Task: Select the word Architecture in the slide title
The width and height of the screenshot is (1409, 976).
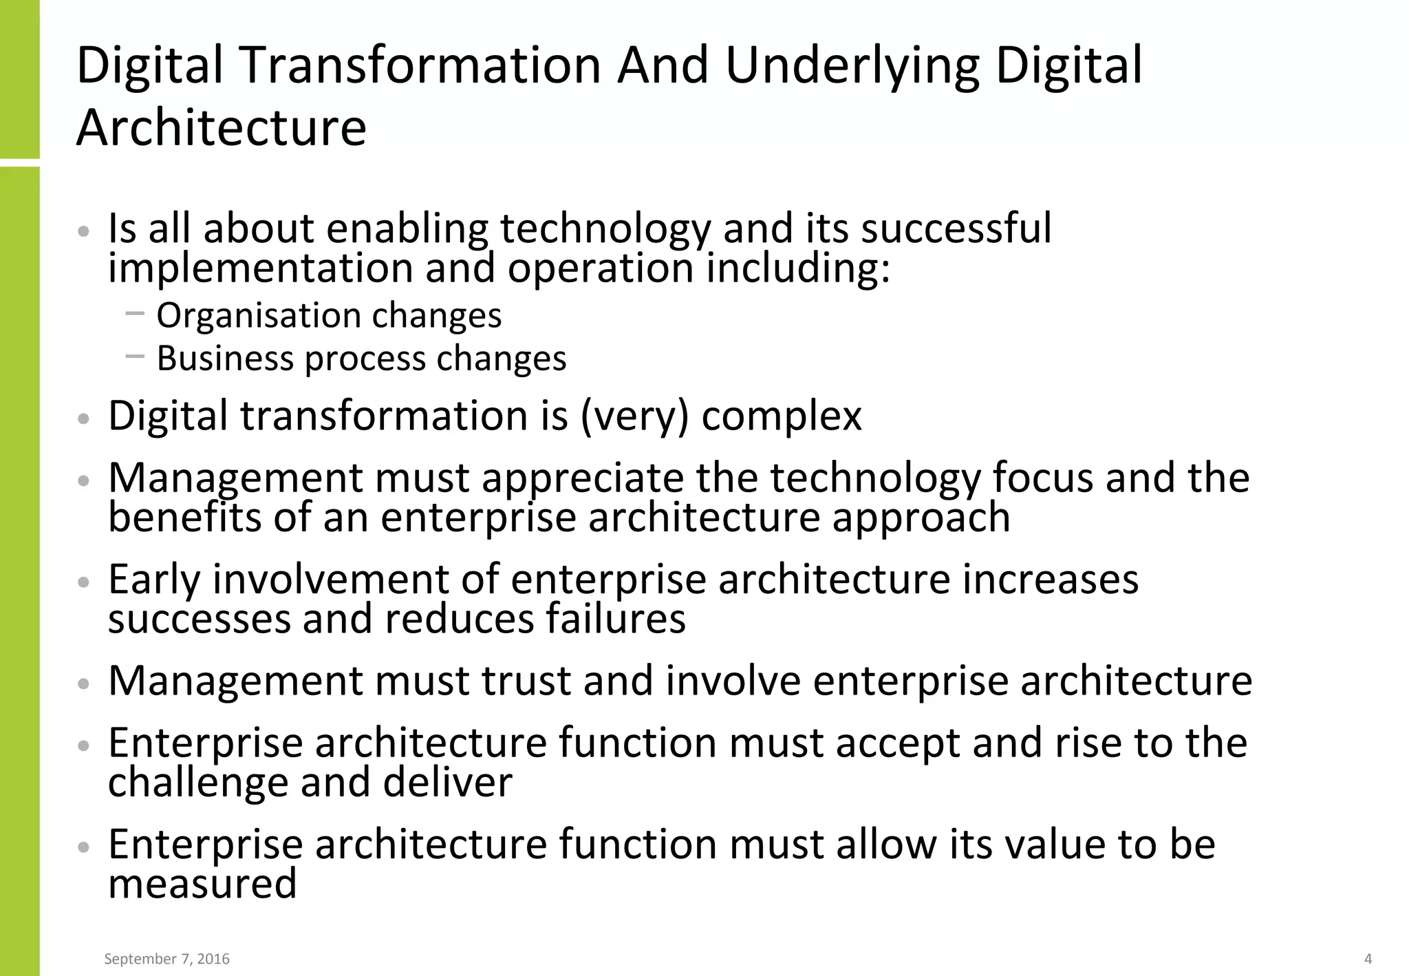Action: tap(222, 128)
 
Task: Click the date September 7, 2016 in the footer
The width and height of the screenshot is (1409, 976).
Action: tap(166, 959)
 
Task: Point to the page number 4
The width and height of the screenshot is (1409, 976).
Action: tap(1368, 959)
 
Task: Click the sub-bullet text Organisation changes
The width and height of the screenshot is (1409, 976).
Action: tap(329, 316)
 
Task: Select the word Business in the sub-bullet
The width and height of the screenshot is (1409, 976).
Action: tap(224, 359)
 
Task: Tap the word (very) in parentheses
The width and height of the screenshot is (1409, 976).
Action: tap(634, 416)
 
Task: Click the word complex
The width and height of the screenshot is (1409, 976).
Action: tap(781, 417)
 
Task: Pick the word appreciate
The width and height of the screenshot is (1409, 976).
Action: tap(582, 478)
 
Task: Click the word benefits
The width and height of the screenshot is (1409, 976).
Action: tap(184, 518)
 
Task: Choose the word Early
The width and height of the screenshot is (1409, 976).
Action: tap(154, 580)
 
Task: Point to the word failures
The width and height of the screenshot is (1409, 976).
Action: tap(616, 619)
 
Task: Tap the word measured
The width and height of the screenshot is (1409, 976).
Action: tap(202, 884)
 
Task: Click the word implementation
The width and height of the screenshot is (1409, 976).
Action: tap(260, 268)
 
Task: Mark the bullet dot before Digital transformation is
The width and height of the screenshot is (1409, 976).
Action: tap(84, 418)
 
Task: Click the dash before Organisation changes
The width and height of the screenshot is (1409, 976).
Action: tap(136, 314)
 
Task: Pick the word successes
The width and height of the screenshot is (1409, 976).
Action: tap(200, 619)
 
